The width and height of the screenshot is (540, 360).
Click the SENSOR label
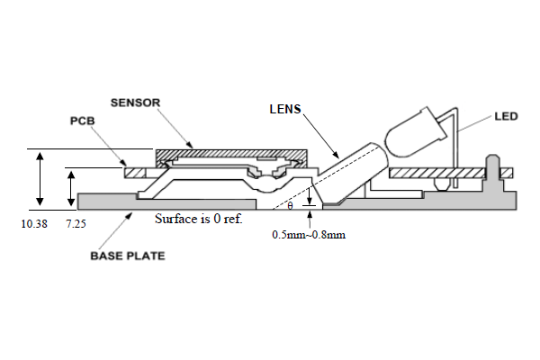[x=135, y=103]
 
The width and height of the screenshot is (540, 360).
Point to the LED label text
[x=505, y=116]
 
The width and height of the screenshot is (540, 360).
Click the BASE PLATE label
[x=126, y=256]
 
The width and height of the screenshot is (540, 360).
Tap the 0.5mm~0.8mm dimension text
[x=309, y=234]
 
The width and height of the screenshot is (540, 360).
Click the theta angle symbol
[x=290, y=206]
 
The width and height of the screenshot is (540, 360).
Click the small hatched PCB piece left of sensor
[x=137, y=171]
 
